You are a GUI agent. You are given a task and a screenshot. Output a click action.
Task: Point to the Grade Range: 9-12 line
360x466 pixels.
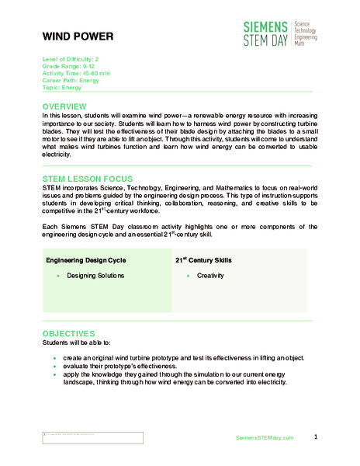tap(71, 66)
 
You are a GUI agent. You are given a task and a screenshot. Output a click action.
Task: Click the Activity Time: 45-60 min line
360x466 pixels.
tap(76, 72)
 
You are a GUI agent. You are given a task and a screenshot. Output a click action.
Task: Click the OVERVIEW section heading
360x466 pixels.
tap(70, 106)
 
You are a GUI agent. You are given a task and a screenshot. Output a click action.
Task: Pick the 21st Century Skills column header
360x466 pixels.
tap(203, 259)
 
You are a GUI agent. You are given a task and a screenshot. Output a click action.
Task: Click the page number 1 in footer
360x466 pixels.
tap(316, 437)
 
